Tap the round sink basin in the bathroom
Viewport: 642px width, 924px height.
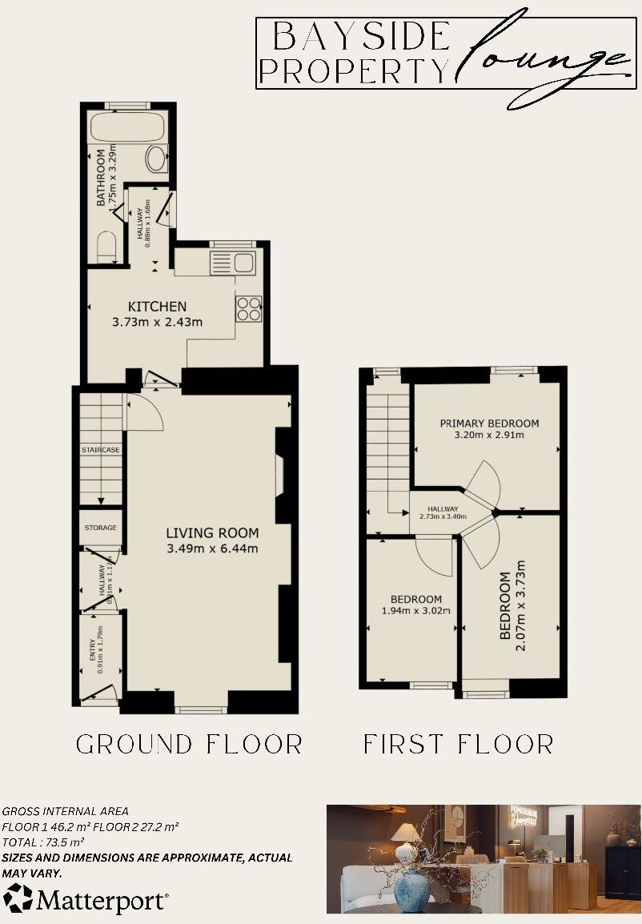click(x=156, y=159)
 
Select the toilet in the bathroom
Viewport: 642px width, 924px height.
click(x=107, y=245)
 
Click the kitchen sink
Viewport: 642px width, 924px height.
click(x=231, y=262)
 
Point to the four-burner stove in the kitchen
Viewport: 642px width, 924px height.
click(x=248, y=308)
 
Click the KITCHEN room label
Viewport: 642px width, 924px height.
click(x=158, y=307)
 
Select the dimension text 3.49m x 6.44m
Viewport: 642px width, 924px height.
click(x=213, y=548)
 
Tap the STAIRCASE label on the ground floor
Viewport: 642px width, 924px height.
click(x=101, y=450)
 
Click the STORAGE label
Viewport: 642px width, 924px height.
click(x=101, y=528)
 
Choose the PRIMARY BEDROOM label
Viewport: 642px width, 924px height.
click(x=489, y=423)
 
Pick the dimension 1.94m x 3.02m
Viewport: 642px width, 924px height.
click(x=416, y=611)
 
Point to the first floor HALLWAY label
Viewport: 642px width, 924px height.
click(x=443, y=509)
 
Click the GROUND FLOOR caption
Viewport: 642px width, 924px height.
click(x=190, y=744)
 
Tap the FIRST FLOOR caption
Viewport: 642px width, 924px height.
click(x=458, y=744)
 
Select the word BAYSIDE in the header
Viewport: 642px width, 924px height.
click(x=362, y=37)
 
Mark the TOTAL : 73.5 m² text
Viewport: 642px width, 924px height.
click(x=43, y=842)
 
